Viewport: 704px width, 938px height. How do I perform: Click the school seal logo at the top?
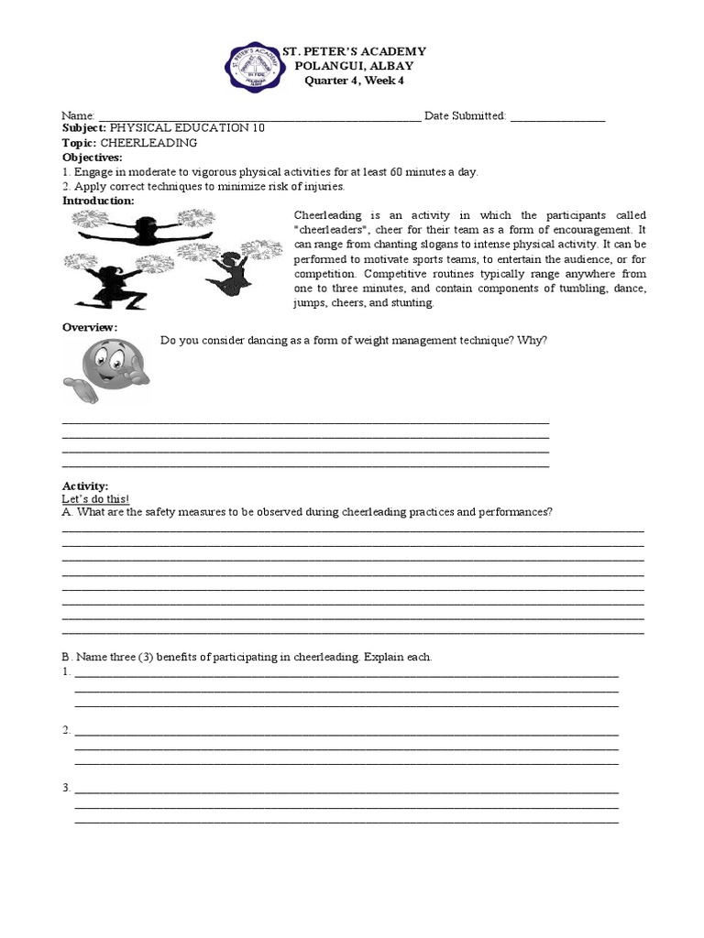[261, 67]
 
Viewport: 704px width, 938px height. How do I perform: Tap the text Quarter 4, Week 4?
[354, 81]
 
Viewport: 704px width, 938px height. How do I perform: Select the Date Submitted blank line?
[556, 116]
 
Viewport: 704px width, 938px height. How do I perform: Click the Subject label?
[83, 129]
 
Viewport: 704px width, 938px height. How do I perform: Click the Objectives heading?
[92, 158]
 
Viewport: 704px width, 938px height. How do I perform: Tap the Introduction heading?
[98, 200]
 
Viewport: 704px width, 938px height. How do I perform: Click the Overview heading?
[90, 327]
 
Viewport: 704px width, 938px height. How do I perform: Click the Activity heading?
[85, 485]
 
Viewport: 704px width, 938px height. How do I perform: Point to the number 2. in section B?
[67, 730]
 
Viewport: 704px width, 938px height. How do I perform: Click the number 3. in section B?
[67, 788]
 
